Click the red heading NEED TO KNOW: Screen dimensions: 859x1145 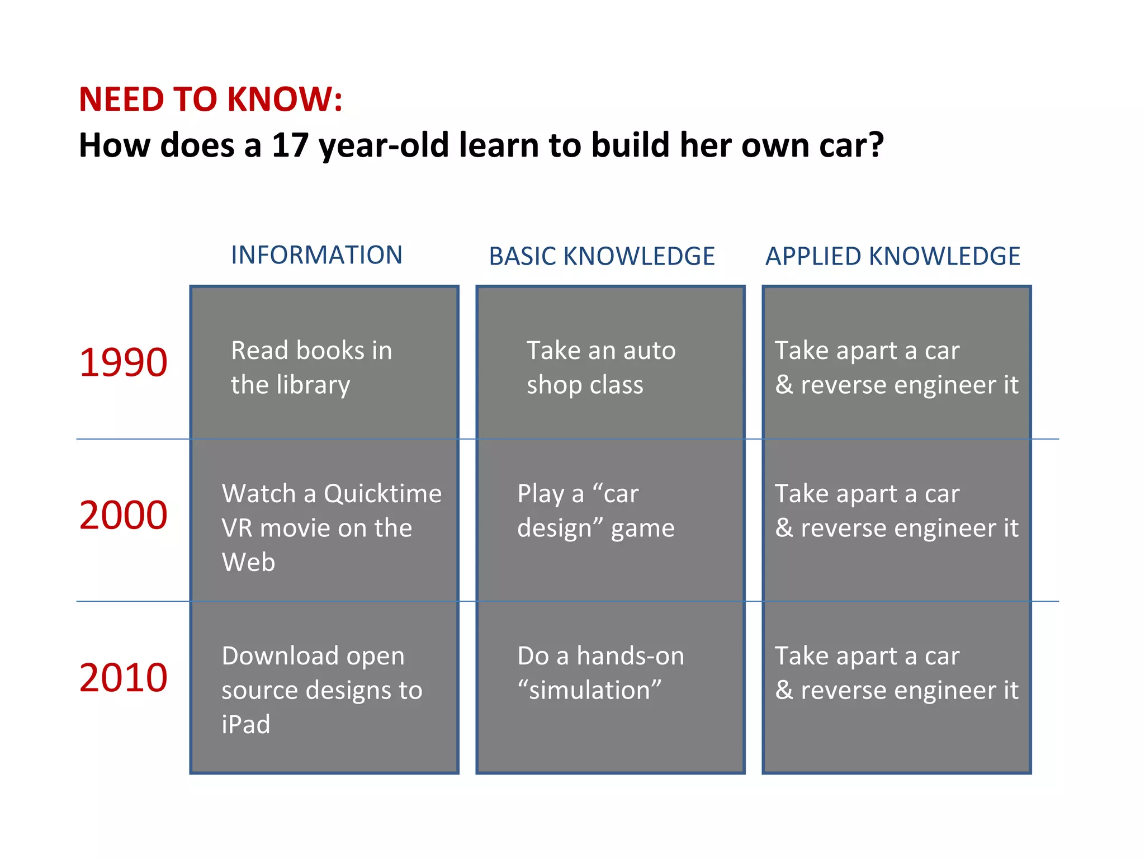click(210, 100)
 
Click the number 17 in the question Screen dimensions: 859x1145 click(290, 145)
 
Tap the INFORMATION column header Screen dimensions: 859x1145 click(316, 255)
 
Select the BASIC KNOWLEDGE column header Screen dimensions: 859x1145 click(602, 256)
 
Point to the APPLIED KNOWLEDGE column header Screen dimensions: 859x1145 click(892, 256)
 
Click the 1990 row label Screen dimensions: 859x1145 click(123, 362)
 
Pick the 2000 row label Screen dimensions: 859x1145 click(123, 515)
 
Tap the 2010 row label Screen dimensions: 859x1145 click(123, 678)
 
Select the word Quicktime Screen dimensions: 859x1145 click(382, 494)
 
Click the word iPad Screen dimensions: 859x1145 click(245, 725)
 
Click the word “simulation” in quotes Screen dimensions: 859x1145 click(589, 690)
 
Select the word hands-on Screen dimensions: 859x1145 click(630, 656)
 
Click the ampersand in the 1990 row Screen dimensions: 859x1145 click(783, 385)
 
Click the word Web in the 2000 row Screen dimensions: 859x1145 click(248, 562)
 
